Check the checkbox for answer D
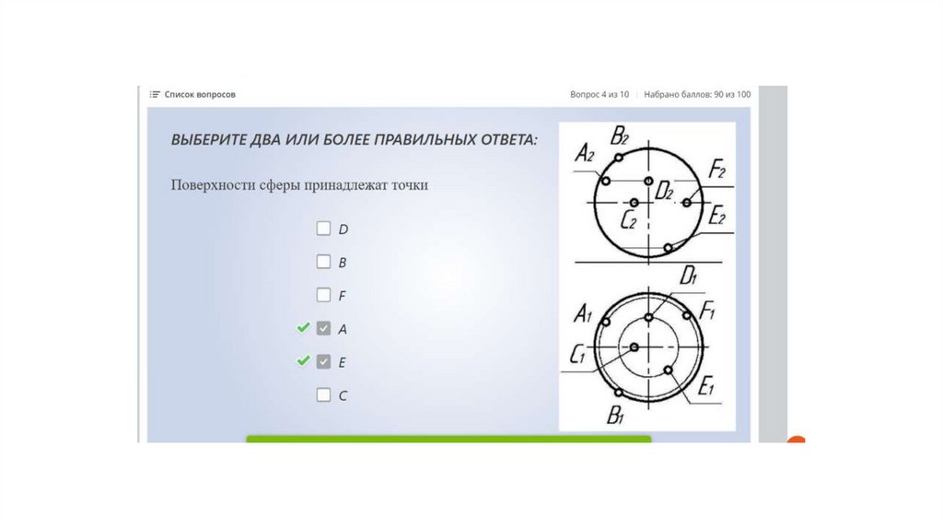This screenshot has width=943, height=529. (x=323, y=229)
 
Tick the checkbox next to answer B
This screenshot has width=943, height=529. (x=323, y=262)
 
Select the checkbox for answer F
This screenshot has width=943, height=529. (x=323, y=295)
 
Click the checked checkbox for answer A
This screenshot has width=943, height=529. (x=323, y=329)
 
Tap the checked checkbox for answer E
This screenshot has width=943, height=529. (x=323, y=361)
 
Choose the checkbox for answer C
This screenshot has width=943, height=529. (x=323, y=394)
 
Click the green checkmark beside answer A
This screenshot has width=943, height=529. (x=304, y=327)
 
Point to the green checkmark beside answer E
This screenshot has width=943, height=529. (x=304, y=360)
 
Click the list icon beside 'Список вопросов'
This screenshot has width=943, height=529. (x=155, y=95)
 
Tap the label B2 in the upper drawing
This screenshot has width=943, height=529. (x=620, y=136)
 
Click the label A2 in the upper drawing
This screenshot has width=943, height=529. (x=585, y=154)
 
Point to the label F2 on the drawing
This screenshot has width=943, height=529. (x=716, y=169)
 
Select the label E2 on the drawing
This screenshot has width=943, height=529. (x=716, y=216)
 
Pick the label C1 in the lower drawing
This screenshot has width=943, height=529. (x=577, y=355)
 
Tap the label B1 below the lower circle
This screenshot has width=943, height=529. (x=615, y=416)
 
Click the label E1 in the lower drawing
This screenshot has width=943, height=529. (x=706, y=386)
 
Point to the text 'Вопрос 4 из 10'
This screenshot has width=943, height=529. (x=600, y=95)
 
